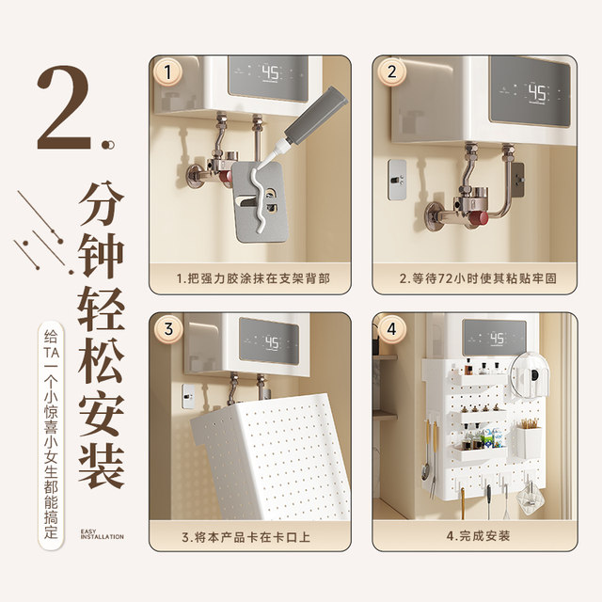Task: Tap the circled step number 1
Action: coord(169,73)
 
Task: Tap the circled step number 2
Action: coord(391,73)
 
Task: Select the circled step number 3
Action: coord(169,329)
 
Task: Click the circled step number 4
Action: coord(391,329)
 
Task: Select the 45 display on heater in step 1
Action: coord(270,72)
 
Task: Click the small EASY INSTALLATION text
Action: coord(102,534)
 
